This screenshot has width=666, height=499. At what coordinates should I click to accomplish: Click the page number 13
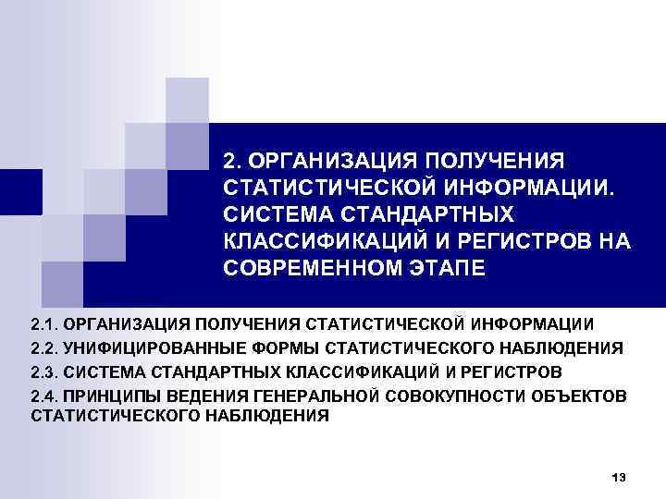(619, 477)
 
